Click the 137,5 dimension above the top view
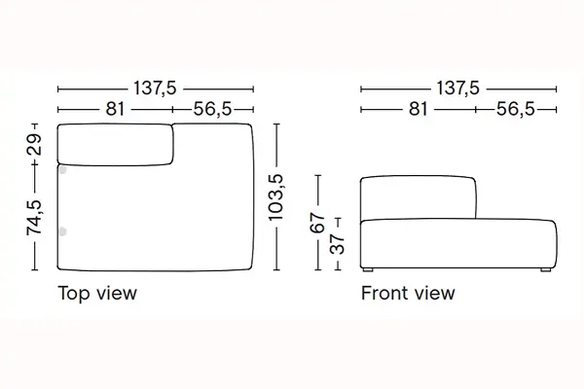tap(155, 88)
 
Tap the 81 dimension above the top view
tap(115, 109)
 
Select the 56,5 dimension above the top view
tap(212, 109)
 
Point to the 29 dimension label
tap(34, 145)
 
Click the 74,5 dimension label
tap(34, 218)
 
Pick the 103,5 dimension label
tap(276, 197)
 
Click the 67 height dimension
tap(317, 223)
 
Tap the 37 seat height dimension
tap(338, 244)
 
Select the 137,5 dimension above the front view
tap(457, 88)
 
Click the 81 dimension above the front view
tap(418, 109)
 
